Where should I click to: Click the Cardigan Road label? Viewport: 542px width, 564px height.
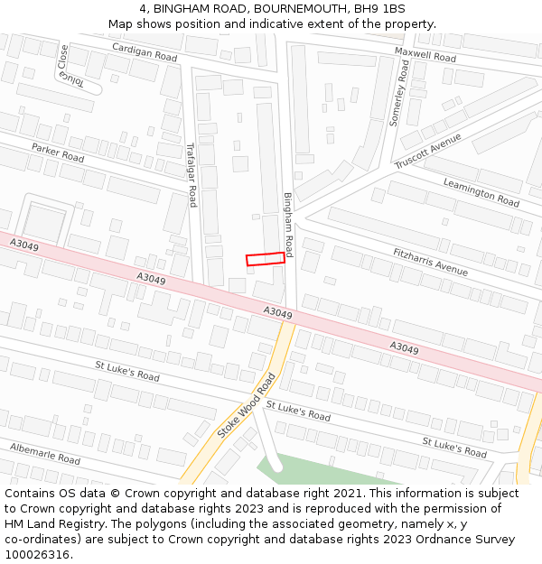(145, 52)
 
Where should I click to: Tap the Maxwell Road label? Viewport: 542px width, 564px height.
(425, 55)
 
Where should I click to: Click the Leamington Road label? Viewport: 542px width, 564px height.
(481, 191)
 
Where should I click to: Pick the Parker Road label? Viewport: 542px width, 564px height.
(58, 153)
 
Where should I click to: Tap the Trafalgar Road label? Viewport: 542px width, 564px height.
(191, 174)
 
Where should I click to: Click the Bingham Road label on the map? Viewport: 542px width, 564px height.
(288, 223)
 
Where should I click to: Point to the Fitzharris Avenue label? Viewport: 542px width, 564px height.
(430, 262)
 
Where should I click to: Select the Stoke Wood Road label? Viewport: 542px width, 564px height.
(246, 406)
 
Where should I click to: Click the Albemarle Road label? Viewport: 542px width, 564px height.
(45, 453)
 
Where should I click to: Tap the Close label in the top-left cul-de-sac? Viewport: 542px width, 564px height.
(62, 58)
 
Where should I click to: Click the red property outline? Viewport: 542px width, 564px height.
(266, 259)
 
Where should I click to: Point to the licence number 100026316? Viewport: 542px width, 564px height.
(37, 555)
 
